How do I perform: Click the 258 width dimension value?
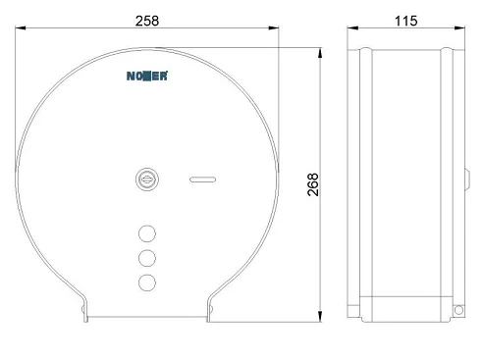tap(147, 21)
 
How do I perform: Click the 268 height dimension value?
tap(313, 184)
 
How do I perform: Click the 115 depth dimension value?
tap(406, 21)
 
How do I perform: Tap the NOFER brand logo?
tap(147, 76)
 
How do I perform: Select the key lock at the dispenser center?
tap(147, 180)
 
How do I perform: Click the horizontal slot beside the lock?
tap(202, 180)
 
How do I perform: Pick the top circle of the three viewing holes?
tap(147, 233)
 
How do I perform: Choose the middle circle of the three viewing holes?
tap(147, 258)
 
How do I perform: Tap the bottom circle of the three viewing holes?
tap(147, 283)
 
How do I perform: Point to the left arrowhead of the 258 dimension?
tap(21, 28)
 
